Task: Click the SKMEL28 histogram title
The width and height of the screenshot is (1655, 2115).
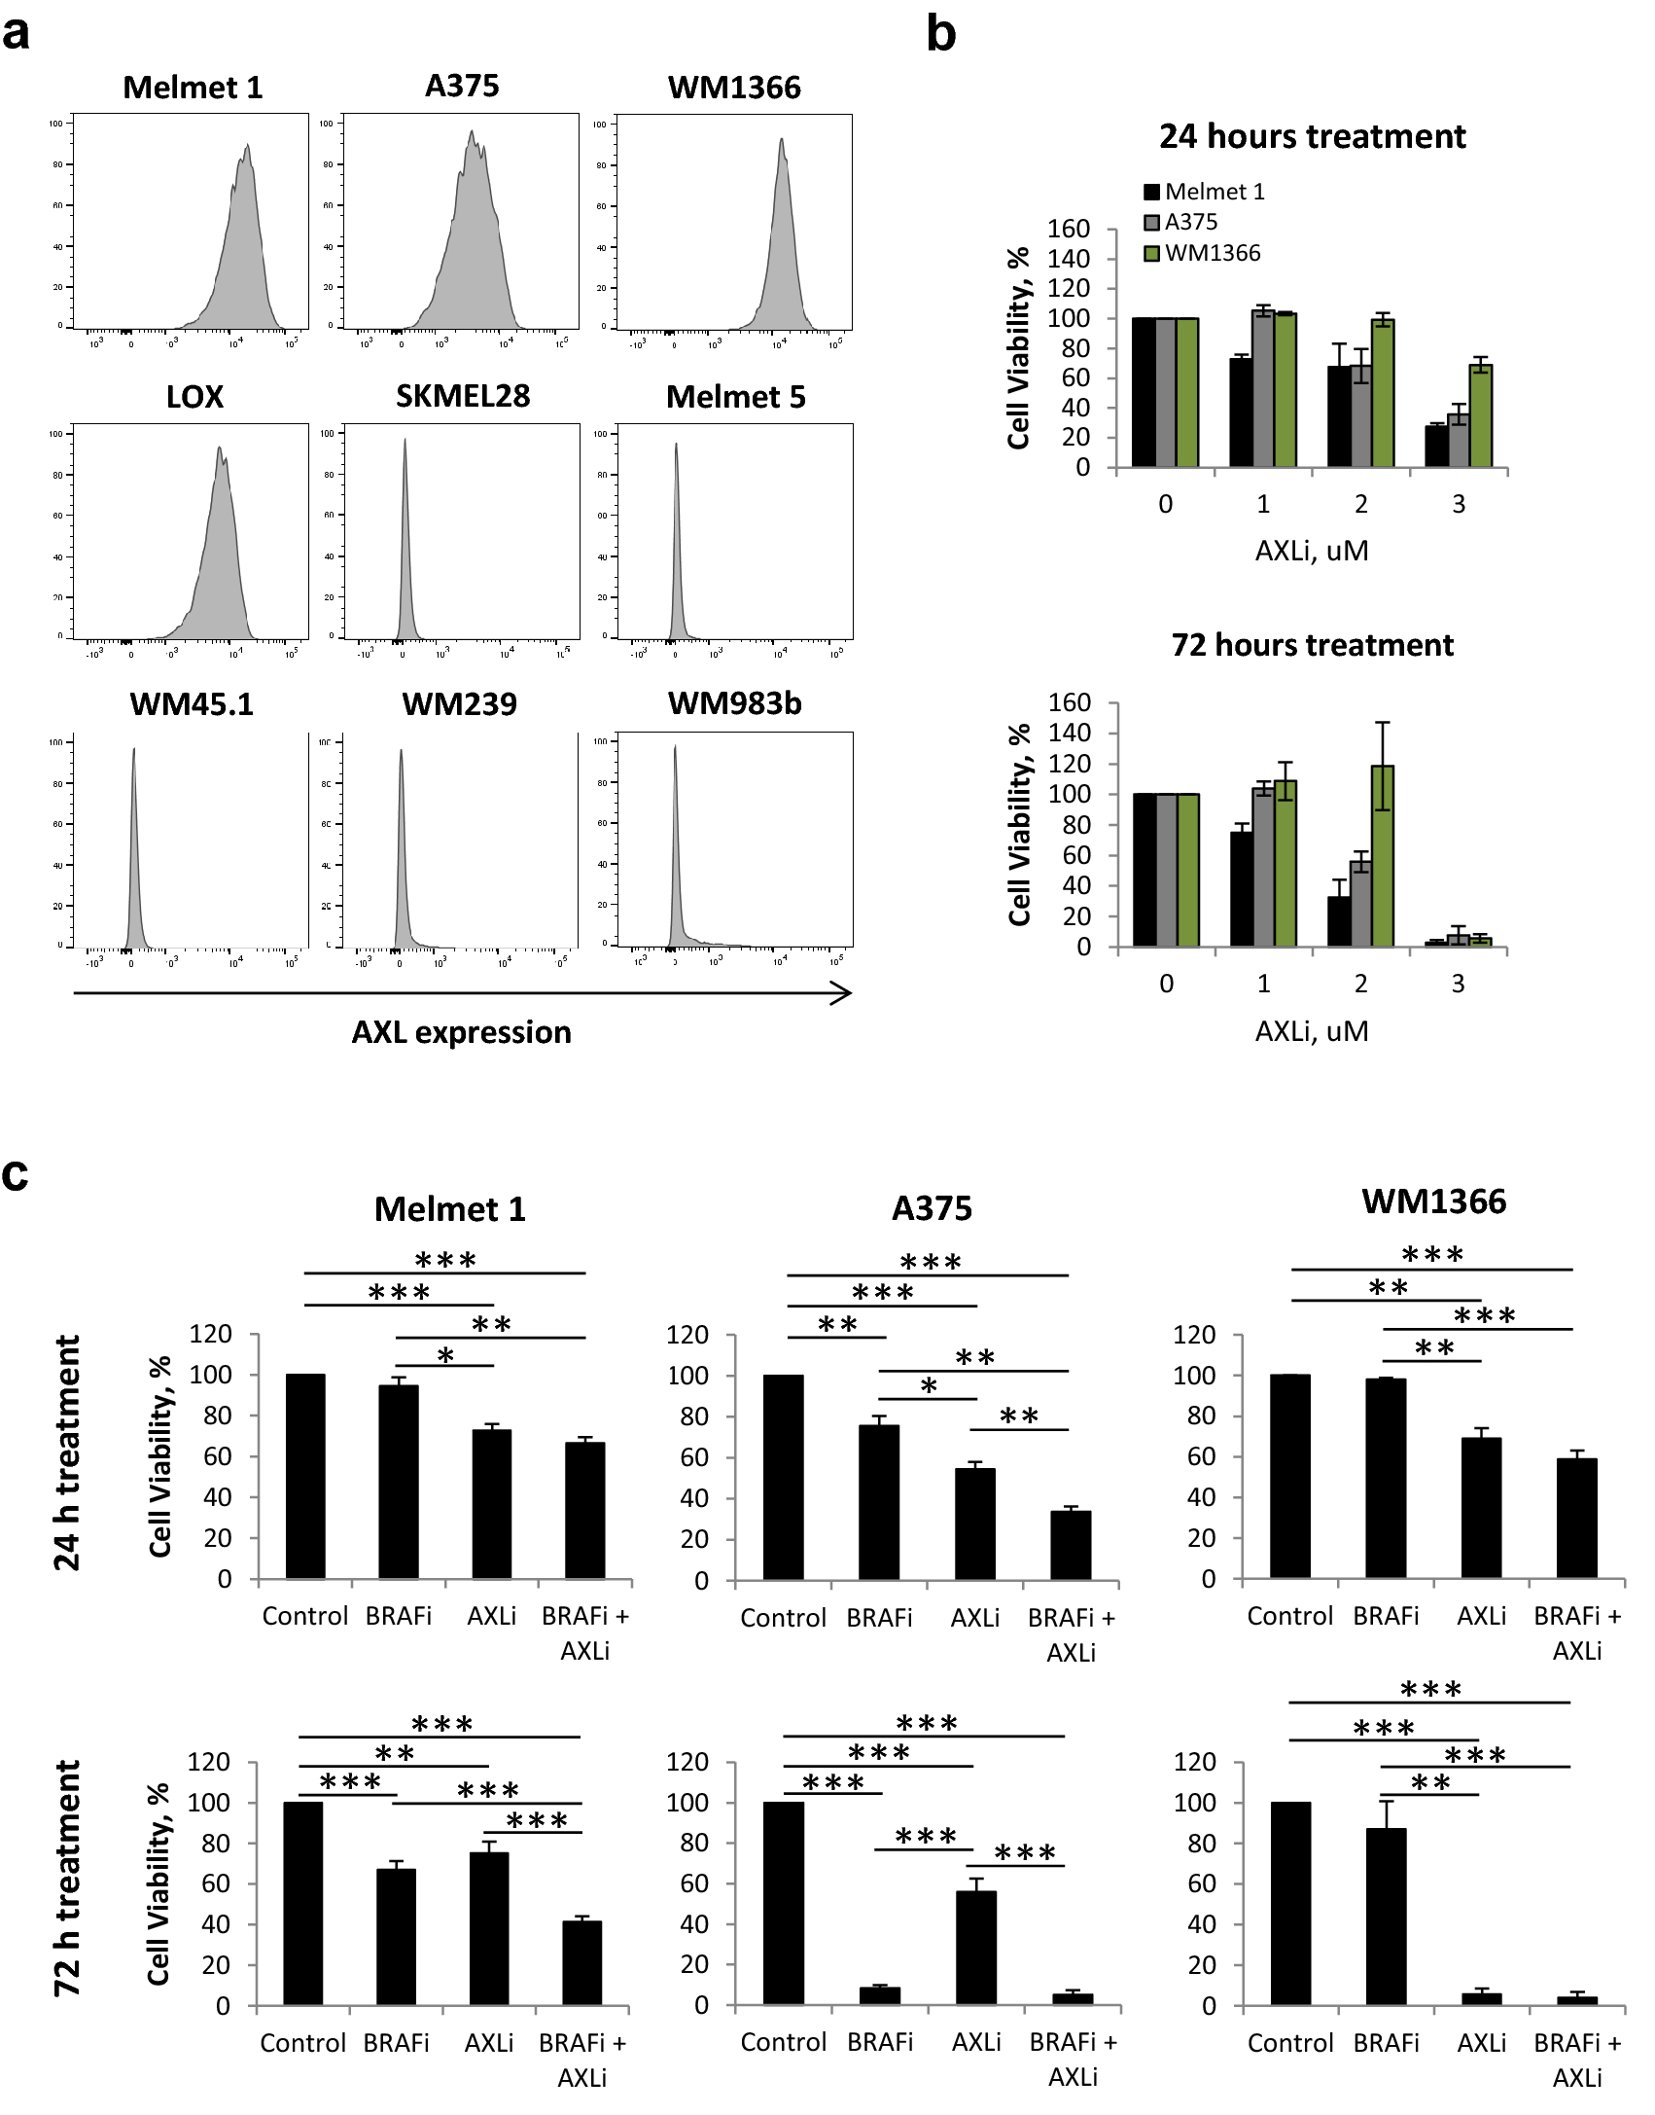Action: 463,396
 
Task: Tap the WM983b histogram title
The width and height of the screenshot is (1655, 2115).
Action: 734,703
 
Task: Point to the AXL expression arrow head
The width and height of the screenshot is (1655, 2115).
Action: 844,993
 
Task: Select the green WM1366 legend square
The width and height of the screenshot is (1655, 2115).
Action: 1152,254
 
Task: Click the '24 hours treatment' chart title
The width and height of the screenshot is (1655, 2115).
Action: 1312,136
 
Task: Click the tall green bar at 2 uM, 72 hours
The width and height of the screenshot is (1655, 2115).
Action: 1382,856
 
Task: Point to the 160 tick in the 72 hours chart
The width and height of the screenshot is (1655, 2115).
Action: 1070,702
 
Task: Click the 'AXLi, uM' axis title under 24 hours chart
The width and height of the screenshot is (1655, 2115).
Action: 1312,552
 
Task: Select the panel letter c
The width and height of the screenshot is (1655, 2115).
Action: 16,1174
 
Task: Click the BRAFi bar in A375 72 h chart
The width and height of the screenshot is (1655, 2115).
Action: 880,1995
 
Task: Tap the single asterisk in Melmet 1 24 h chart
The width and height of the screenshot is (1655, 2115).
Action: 445,1356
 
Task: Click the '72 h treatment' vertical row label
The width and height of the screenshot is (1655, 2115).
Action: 66,1878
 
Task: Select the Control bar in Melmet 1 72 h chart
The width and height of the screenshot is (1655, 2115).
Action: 303,1903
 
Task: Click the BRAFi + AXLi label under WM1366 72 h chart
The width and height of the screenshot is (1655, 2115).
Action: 1576,2060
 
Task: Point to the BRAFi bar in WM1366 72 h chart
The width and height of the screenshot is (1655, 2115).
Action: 1386,1917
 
